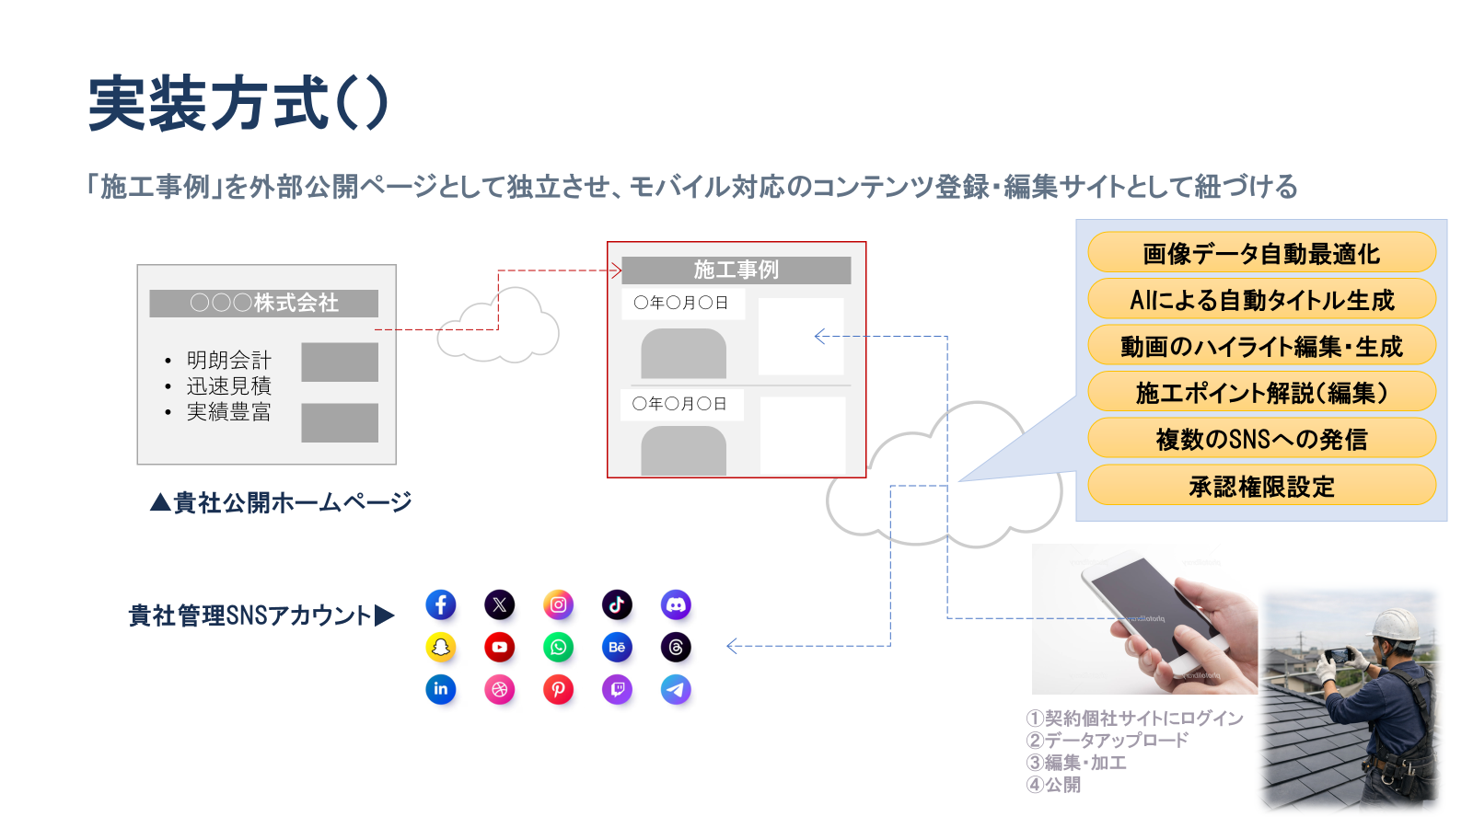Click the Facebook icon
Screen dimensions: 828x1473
click(441, 604)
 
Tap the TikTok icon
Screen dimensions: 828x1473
click(617, 604)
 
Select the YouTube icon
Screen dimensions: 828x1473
click(499, 647)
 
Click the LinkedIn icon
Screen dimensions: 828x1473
click(441, 689)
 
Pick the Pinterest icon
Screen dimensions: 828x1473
click(558, 689)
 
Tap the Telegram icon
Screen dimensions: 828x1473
click(676, 689)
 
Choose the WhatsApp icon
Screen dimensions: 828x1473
click(558, 647)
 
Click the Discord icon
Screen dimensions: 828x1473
click(676, 604)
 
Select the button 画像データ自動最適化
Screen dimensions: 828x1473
click(1261, 253)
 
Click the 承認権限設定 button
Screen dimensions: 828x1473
click(1261, 486)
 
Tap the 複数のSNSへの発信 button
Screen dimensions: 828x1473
click(1261, 439)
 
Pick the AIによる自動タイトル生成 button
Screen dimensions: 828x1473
click(1261, 300)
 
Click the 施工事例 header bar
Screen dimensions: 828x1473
click(736, 270)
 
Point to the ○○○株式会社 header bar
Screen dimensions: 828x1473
click(264, 303)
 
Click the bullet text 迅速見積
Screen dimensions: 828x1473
click(229, 385)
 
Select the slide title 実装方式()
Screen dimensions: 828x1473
click(238, 103)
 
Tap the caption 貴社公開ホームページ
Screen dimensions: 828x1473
click(282, 502)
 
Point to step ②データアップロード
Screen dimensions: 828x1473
click(1108, 740)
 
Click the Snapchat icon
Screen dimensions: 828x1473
click(441, 647)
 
